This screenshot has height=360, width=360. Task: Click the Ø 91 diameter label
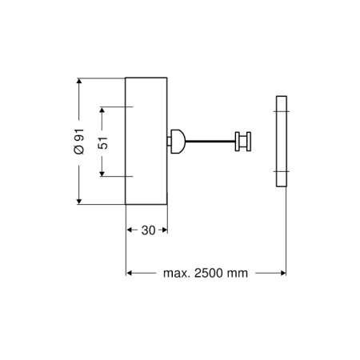coord(79,141)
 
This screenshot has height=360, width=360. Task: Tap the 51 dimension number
coord(103,142)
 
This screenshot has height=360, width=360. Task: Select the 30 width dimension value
coord(147,230)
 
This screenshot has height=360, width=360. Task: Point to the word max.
coord(176,273)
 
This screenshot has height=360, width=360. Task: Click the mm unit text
coord(238,273)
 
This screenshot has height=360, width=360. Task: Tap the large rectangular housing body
coord(146,140)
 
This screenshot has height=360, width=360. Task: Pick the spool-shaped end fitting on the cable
coord(242,142)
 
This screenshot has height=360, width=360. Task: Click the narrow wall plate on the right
coord(281,142)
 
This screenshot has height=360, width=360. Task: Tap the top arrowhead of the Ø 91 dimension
coord(79,81)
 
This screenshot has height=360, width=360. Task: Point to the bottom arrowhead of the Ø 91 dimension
coord(79,200)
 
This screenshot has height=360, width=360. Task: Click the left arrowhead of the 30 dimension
coord(130,230)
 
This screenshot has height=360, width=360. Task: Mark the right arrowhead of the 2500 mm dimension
coord(282,273)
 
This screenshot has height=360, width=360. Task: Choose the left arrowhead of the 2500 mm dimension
coord(130,273)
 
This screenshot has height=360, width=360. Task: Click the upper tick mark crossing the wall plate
coord(281,110)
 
